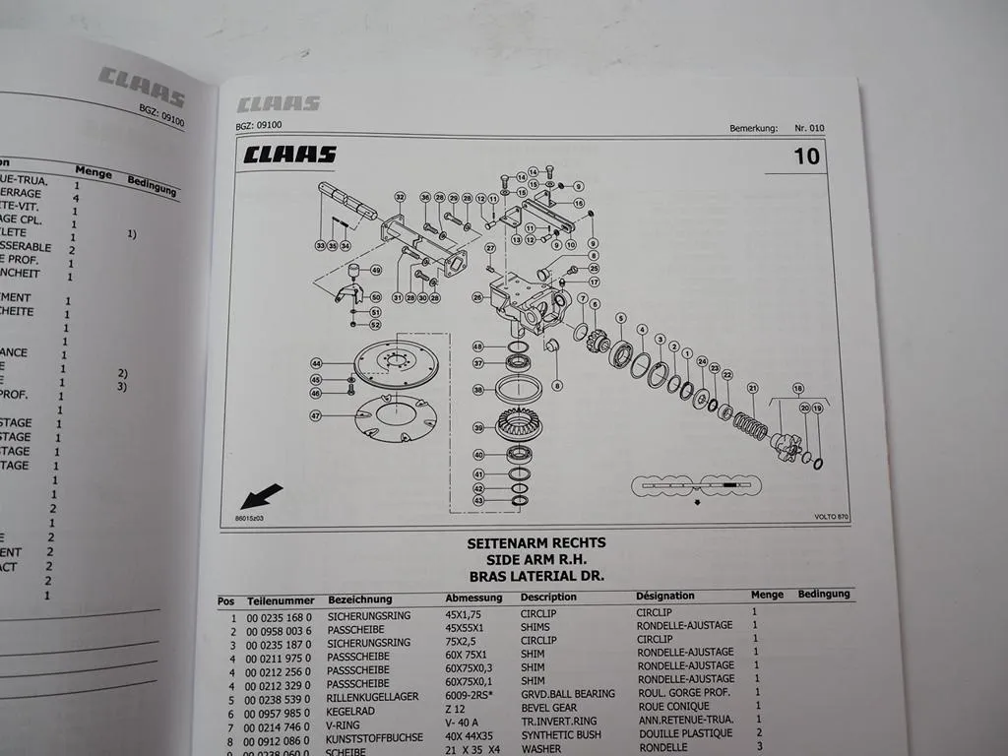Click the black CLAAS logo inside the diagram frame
pos(290,155)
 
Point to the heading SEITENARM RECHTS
pos(536,542)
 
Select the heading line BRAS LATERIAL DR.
pos(536,576)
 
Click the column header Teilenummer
pos(281,599)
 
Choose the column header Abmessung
pos(473,598)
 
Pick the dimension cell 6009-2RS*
pos(471,693)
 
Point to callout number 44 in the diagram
pos(317,363)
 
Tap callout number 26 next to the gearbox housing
pos(477,296)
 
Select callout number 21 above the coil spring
pos(752,387)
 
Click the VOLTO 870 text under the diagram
pos(830,517)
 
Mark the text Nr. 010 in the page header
pos(810,128)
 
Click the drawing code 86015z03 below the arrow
pos(250,517)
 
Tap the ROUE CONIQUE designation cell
pos(675,706)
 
